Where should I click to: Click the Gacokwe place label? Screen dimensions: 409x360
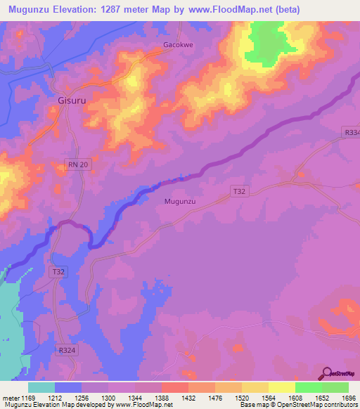click(172, 45)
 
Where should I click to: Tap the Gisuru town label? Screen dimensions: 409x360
click(72, 100)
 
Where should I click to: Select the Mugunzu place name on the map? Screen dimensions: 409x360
click(179, 201)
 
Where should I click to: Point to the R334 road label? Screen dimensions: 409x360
click(352, 132)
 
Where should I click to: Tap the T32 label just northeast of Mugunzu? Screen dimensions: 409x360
click(240, 190)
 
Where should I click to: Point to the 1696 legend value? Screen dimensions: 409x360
click(335, 398)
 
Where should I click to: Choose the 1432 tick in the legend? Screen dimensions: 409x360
click(188, 398)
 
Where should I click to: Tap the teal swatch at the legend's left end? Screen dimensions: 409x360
click(41, 387)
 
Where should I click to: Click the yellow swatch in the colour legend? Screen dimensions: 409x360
click(282, 387)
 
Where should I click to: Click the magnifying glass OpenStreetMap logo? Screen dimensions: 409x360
click(328, 372)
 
